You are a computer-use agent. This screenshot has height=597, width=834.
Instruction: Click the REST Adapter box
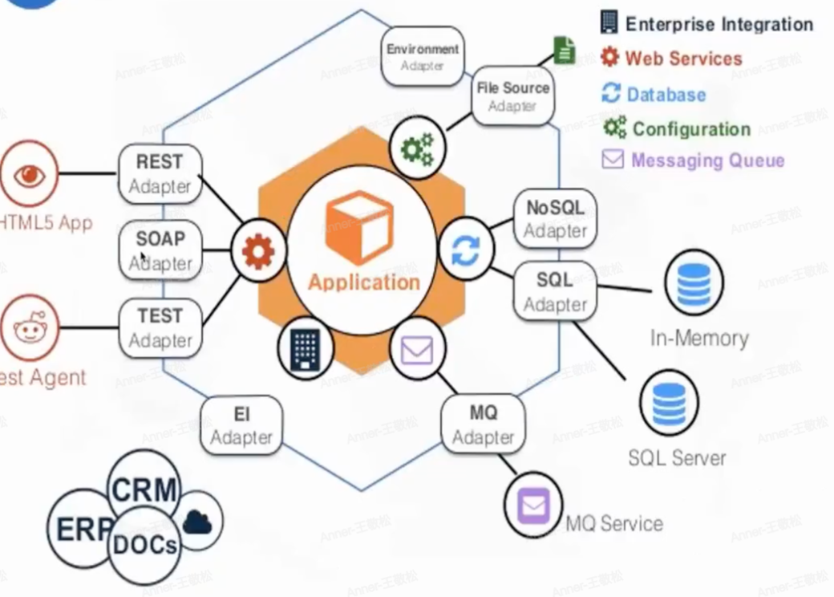(x=160, y=173)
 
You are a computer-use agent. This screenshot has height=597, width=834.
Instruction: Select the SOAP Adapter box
(x=160, y=250)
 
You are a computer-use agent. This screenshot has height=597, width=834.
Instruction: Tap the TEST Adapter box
(x=160, y=327)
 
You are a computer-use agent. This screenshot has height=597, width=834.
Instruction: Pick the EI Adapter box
(x=241, y=425)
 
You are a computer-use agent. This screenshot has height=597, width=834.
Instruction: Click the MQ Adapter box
(x=483, y=425)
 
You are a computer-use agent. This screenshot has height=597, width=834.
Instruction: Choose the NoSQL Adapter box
(x=555, y=218)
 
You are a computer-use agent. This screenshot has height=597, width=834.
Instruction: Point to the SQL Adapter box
(x=555, y=292)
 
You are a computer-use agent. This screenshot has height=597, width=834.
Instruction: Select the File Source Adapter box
(x=513, y=96)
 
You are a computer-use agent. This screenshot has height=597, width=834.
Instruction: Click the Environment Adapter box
(x=423, y=56)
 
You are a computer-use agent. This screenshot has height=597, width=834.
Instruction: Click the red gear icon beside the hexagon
(x=258, y=252)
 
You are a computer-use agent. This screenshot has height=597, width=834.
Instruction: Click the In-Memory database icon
(x=694, y=282)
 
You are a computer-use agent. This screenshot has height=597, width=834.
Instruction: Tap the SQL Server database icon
(x=669, y=404)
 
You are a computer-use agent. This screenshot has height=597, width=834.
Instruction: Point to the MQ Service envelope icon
(x=533, y=506)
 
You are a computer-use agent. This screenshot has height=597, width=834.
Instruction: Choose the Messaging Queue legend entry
(x=694, y=160)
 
